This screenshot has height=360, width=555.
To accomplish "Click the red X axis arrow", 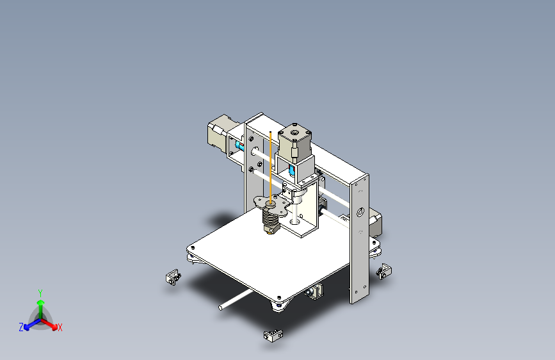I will coord(52,323).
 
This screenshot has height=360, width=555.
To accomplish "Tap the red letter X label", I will coord(60,327).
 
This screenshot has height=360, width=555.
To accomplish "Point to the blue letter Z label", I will coord(20,327).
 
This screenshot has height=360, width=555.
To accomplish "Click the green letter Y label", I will coord(40,292).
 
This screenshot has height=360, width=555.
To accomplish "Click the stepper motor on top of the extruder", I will coord(294,140).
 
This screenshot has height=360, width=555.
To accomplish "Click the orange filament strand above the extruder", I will coord(271,160).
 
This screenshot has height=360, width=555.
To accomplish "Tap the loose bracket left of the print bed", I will coord(172,277).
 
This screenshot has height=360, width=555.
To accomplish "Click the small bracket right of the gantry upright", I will coord(384,270).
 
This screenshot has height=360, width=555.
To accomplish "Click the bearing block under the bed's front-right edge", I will coord(315,291).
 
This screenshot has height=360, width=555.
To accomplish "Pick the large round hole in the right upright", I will coord(360,211).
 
